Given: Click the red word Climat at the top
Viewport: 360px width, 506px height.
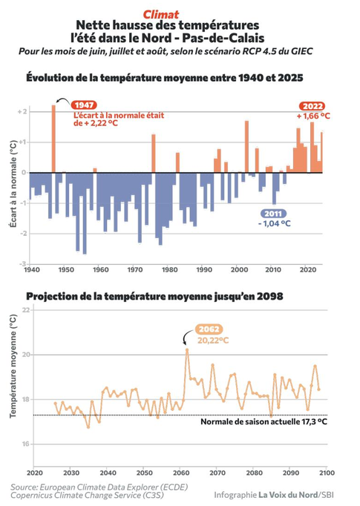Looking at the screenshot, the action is click(161, 15).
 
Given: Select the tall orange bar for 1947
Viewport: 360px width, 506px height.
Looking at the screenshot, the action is click(53, 139).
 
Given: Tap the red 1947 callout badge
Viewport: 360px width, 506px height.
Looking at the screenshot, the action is click(84, 105).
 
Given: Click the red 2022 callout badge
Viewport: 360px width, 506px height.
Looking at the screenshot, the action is click(312, 106).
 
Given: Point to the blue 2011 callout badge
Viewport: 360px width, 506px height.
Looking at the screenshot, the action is click(273, 214).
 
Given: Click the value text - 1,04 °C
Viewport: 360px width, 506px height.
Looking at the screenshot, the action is click(275, 223).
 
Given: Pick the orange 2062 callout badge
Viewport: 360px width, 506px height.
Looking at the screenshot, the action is click(209, 329).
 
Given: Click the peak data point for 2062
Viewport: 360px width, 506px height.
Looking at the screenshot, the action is click(187, 349).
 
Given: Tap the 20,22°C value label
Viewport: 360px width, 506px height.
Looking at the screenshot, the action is click(213, 340).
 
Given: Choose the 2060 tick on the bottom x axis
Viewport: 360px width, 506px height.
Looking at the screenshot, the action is click(181, 473).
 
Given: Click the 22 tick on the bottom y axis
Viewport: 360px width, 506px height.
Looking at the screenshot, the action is click(26, 310).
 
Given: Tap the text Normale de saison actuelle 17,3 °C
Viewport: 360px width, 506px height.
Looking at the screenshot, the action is click(264, 421).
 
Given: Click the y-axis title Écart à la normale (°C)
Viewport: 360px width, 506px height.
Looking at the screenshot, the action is click(13, 183).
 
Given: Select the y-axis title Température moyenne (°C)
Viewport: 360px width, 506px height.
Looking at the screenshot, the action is click(13, 367).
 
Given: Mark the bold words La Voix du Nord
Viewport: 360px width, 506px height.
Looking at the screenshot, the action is click(288, 494).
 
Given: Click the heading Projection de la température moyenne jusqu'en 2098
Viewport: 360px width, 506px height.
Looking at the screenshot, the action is click(154, 296).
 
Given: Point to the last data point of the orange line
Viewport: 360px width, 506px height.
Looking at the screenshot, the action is click(318, 390).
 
